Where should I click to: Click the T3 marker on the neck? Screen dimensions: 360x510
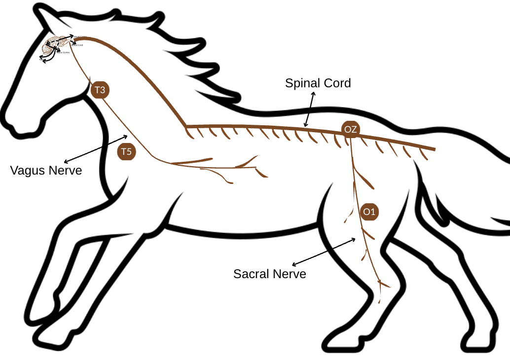pos(100,90)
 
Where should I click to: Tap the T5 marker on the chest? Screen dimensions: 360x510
pos(127,151)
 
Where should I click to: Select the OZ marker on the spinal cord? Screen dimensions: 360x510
pos(351,130)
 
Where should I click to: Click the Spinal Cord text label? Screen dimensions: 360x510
pos(318,83)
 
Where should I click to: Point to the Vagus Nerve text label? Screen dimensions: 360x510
pos(46,171)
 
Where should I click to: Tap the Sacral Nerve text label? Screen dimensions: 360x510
pos(269,274)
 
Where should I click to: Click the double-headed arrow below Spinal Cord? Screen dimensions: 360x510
pos(309,109)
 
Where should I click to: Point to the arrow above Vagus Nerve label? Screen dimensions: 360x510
pos(96,148)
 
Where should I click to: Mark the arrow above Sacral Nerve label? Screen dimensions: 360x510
pos(324,252)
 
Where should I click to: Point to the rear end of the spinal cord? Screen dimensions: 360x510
pos(434,148)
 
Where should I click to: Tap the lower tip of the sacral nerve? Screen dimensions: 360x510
pos(380,301)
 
